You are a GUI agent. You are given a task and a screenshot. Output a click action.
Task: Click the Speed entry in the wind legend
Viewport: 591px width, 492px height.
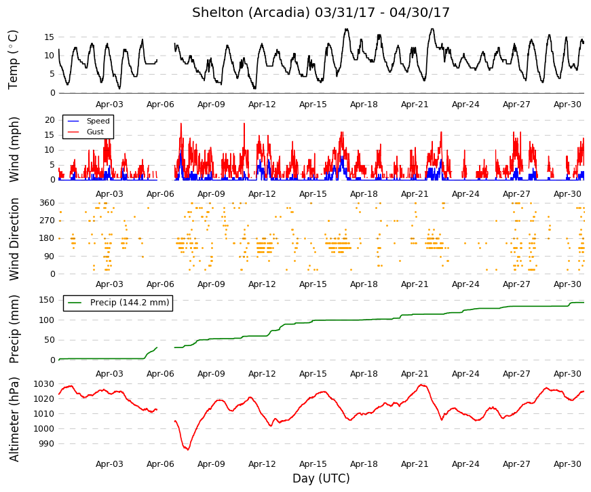[x=98, y=121]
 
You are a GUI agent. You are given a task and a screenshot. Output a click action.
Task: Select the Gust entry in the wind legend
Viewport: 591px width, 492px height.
[x=95, y=132]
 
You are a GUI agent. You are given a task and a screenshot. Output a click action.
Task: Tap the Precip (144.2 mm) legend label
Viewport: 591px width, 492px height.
[x=130, y=303]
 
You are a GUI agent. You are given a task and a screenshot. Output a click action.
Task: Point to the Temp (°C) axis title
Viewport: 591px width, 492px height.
[x=13, y=60]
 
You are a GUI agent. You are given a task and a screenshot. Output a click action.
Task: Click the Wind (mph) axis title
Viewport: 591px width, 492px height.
[x=14, y=149]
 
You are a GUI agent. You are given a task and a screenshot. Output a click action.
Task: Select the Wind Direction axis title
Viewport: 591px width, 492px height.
[x=14, y=239]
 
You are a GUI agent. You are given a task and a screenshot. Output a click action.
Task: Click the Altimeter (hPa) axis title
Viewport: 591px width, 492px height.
[x=14, y=419]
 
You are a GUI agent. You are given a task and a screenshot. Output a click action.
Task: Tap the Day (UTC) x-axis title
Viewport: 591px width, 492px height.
[x=321, y=478]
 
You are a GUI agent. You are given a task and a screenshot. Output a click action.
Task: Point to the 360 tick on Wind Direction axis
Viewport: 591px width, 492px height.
[x=47, y=203]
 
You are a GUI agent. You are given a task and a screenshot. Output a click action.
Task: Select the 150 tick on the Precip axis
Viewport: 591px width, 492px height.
[x=47, y=300]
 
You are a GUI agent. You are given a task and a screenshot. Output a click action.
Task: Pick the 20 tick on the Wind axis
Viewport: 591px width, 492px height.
[x=50, y=120]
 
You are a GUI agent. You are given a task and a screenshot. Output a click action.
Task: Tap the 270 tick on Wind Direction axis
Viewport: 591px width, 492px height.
[x=47, y=221]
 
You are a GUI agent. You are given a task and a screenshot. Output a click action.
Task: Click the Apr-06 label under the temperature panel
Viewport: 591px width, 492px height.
[x=160, y=105]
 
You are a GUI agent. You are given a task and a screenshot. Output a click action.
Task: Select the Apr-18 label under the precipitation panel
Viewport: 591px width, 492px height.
[x=364, y=374]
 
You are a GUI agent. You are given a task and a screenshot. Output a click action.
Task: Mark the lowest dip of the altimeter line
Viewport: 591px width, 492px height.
[x=188, y=449]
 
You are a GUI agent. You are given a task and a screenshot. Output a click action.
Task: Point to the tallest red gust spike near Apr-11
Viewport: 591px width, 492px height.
[x=244, y=124]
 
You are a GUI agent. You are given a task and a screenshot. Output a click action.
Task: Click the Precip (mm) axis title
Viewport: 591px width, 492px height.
[x=14, y=329]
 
